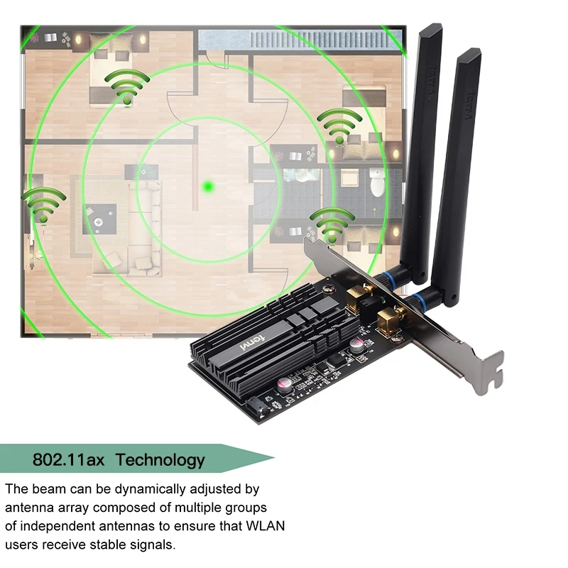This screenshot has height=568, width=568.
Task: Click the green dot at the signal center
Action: coord(208,186)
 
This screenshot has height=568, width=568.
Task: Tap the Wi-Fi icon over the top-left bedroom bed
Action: coord(126,87)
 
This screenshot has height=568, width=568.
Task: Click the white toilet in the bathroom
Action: coord(377,184)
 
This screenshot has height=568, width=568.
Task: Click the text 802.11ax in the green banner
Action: coord(69,460)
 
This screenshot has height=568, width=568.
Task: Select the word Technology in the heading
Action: coord(160,460)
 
